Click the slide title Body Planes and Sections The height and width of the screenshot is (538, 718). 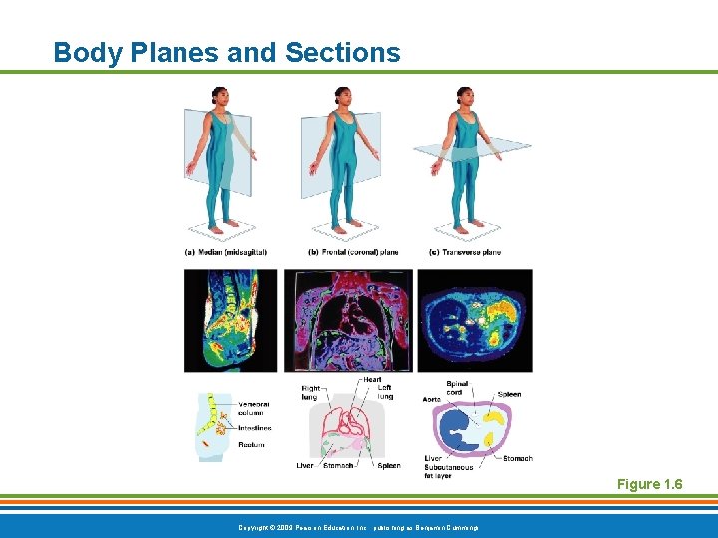point(226,52)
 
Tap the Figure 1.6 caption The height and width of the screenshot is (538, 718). point(649,484)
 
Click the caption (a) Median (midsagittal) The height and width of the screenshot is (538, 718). point(226,252)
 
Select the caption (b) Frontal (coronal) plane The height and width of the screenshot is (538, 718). point(353,252)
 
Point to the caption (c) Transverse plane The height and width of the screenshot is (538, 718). point(464,252)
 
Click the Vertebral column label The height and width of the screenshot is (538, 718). point(252,408)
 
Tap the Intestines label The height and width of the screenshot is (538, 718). point(254,428)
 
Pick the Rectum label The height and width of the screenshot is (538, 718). point(251,444)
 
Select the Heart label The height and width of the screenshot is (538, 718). point(372,379)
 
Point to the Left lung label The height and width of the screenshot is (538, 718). point(384,392)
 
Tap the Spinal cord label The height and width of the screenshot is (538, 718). point(458,388)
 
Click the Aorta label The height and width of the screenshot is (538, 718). point(431,399)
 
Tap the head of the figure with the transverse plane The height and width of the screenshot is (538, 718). point(463,96)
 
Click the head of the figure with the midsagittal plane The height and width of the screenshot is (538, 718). point(219,96)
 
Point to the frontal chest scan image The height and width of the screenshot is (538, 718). point(347,320)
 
